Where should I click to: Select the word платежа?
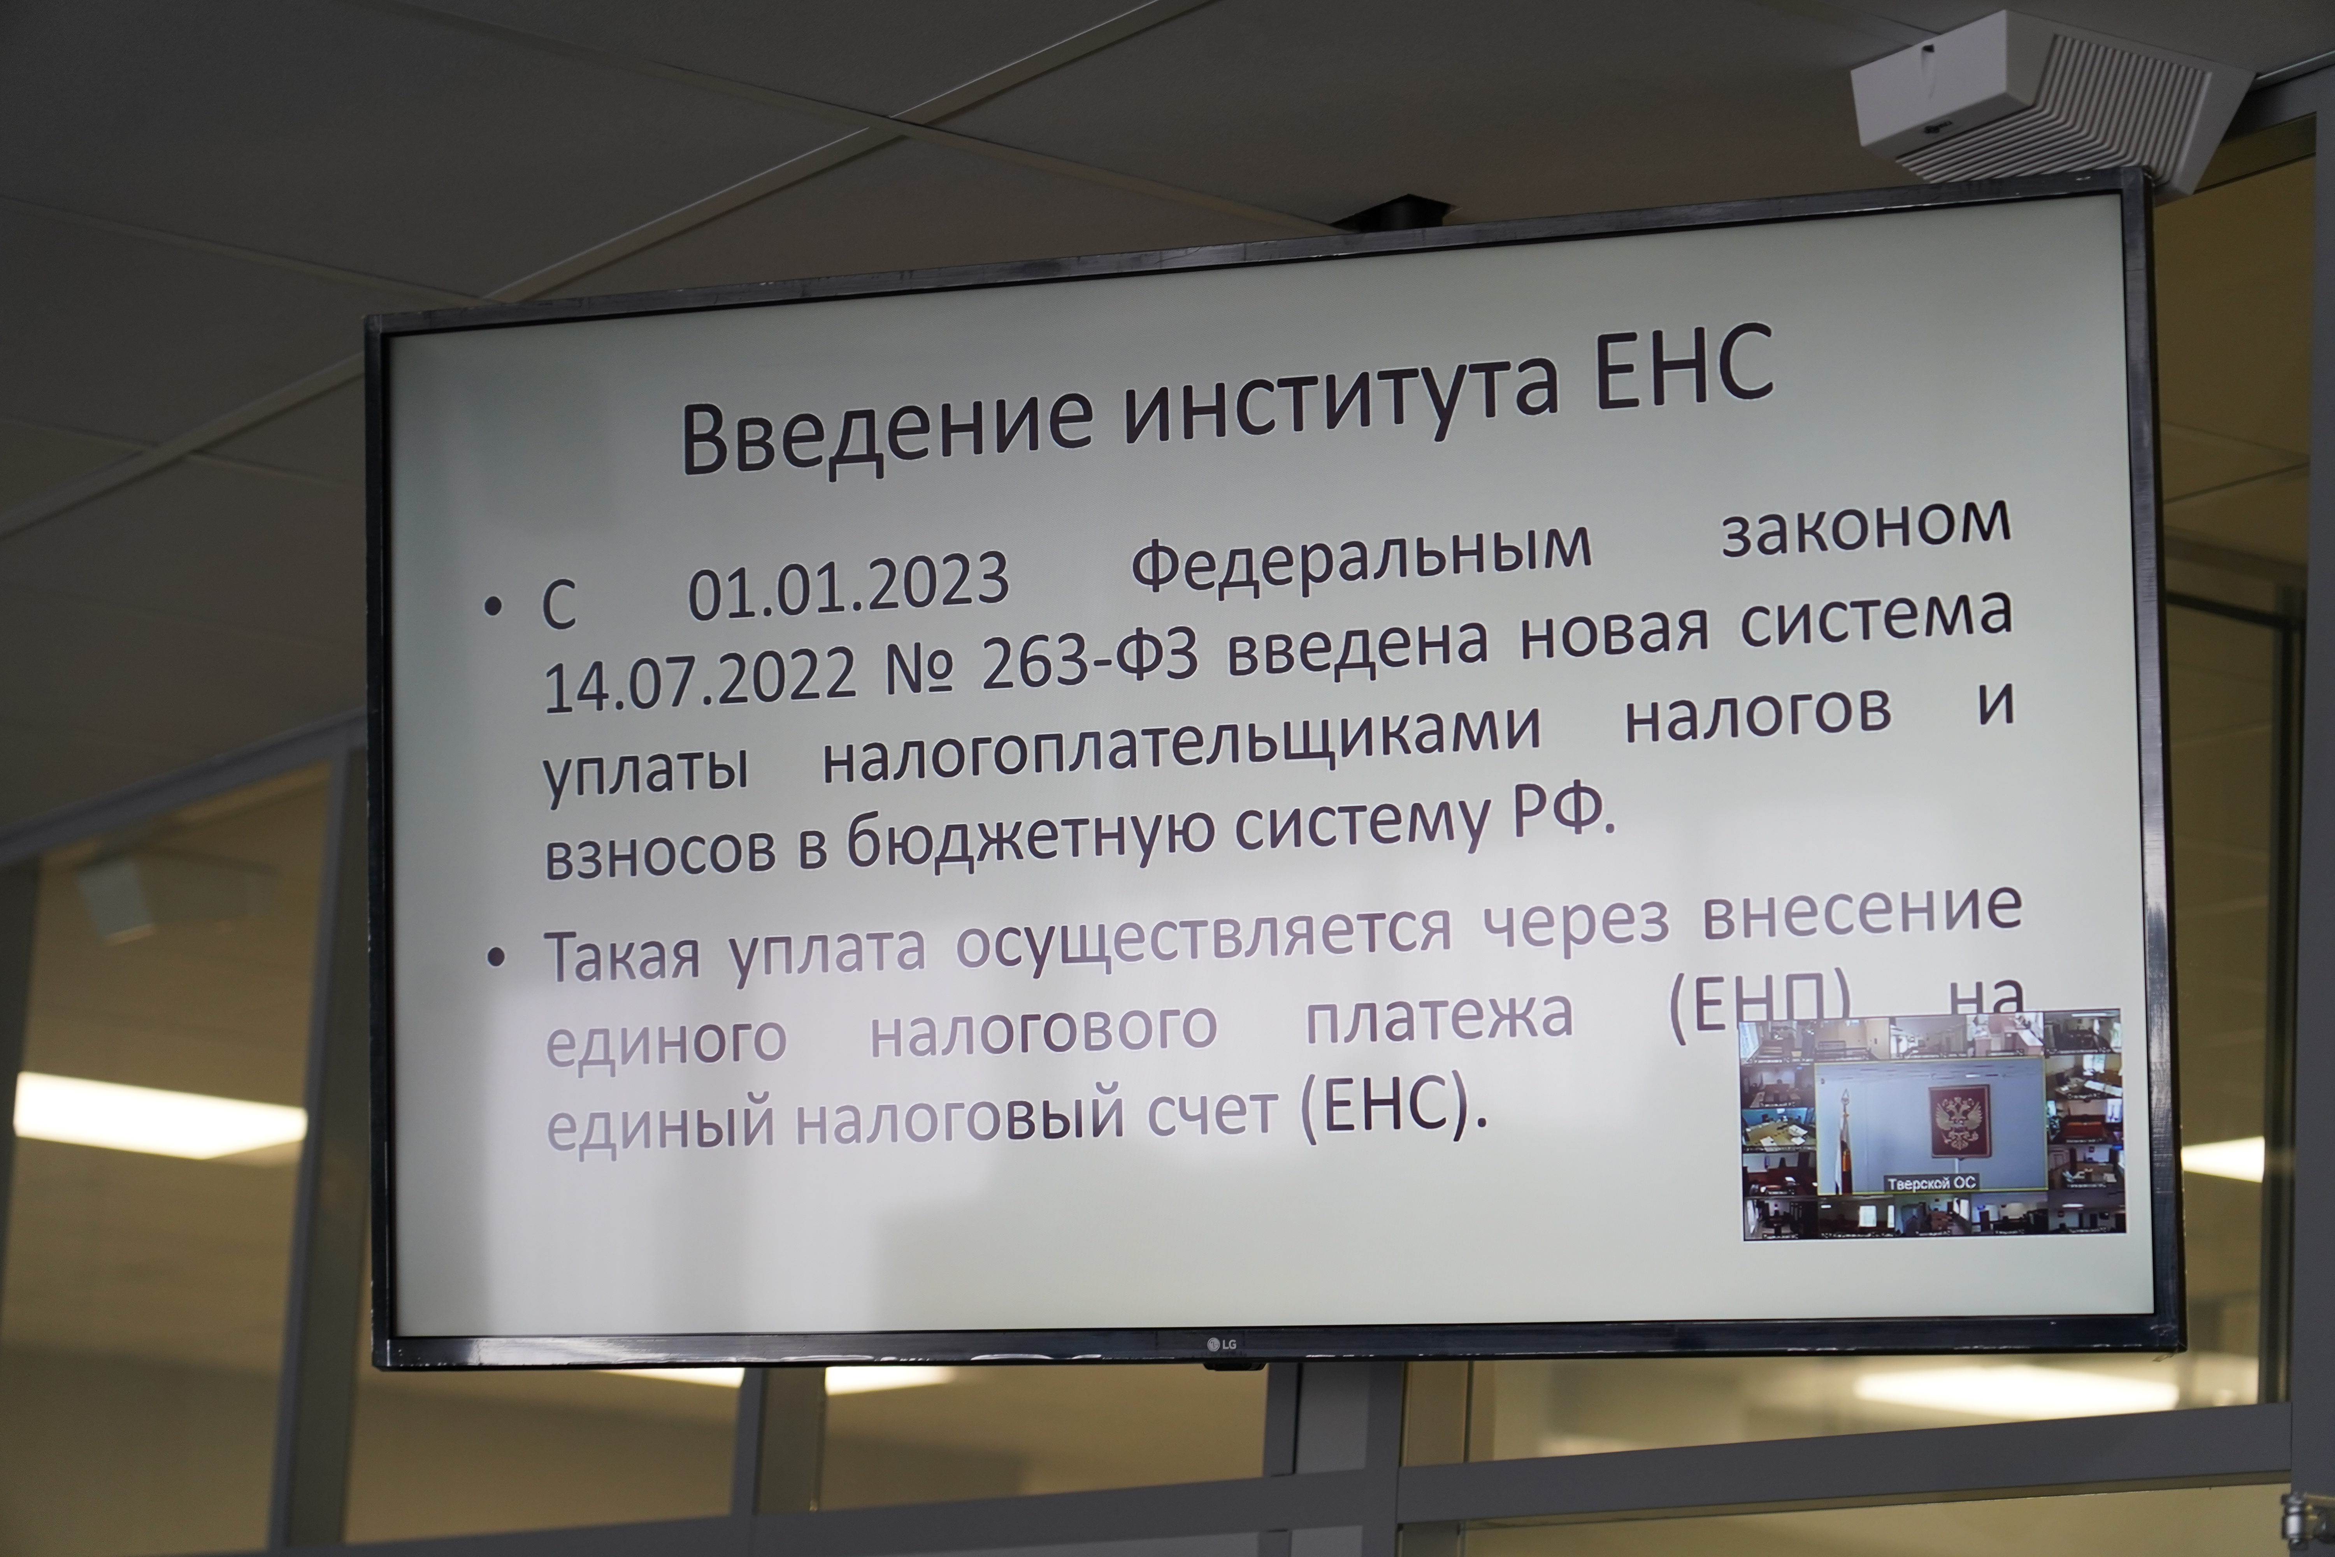1440,1015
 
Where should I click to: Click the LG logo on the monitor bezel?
1221,1344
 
